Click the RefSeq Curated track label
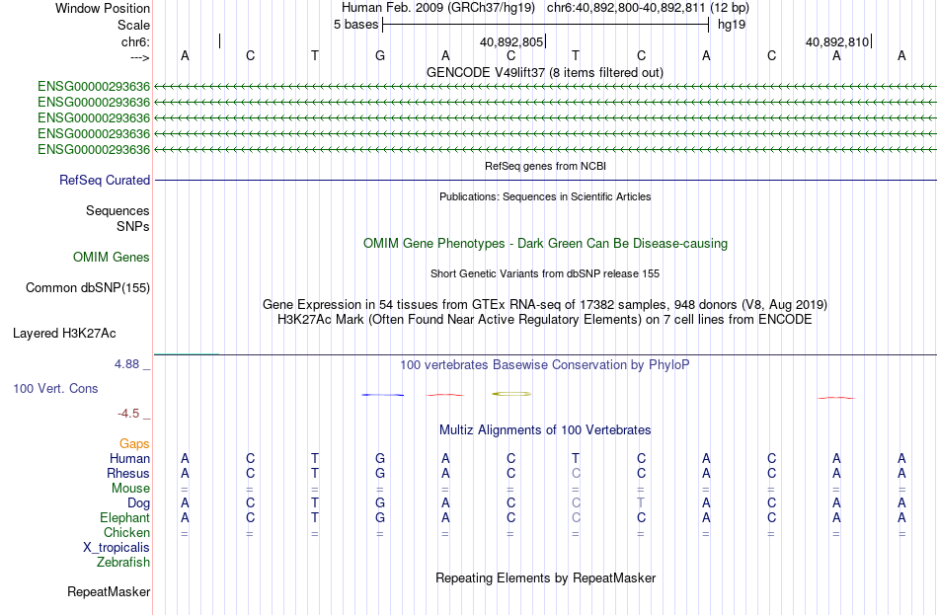point(105,180)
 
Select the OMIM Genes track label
point(112,258)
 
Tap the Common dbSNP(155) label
point(88,288)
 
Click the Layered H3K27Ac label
point(64,334)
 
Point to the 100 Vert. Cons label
point(55,388)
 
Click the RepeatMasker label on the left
point(109,591)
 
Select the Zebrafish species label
point(123,563)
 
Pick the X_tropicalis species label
point(117,548)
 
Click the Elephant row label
point(125,517)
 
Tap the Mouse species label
point(130,489)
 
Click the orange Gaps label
point(134,444)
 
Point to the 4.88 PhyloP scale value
point(126,363)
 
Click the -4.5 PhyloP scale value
point(128,414)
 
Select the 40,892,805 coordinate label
point(511,41)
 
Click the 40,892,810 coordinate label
point(837,41)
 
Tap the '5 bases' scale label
point(355,25)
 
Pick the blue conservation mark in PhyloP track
point(383,395)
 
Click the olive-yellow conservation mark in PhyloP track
point(511,394)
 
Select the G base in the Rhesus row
point(380,473)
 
